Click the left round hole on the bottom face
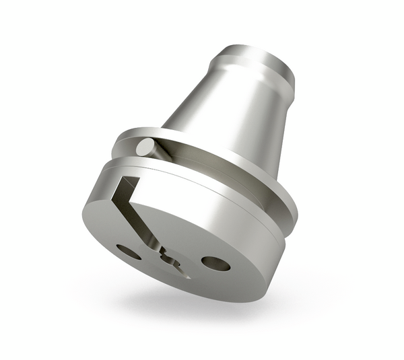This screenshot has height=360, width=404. (129, 252)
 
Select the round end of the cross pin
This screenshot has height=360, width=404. (144, 147)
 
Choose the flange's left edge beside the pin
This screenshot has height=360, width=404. (121, 145)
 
